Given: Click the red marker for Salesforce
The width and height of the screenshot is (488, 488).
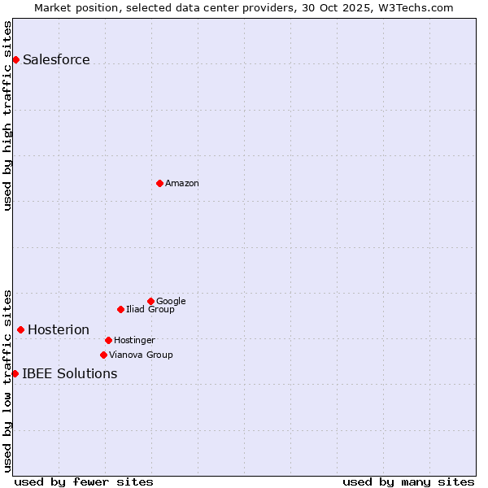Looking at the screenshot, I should [x=15, y=59].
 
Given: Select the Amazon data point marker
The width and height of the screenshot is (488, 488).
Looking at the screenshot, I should [x=159, y=183].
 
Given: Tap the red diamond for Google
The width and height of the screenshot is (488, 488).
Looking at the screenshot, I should [x=150, y=301].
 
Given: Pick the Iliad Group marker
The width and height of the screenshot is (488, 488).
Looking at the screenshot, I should [x=120, y=309].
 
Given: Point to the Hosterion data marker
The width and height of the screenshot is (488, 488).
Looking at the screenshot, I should [x=20, y=329].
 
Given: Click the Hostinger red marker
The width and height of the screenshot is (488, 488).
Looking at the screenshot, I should [x=108, y=340].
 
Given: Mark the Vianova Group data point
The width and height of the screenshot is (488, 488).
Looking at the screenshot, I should [x=103, y=355].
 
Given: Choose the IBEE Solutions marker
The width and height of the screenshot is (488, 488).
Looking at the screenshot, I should [x=15, y=373].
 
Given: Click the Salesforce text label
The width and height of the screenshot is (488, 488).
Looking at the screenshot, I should [x=56, y=60].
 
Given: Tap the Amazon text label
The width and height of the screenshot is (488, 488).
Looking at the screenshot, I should [x=182, y=184].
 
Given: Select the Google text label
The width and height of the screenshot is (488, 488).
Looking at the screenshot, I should [x=171, y=302].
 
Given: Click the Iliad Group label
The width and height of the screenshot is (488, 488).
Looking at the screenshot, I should [x=150, y=310].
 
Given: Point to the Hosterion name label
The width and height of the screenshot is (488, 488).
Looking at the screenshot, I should [x=59, y=330].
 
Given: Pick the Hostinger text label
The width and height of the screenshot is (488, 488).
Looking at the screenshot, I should [x=134, y=341].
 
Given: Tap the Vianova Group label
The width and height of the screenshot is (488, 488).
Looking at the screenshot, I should [x=141, y=355].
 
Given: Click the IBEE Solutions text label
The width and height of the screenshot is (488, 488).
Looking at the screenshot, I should [x=70, y=374].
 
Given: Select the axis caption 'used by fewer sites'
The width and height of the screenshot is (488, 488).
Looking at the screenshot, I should [x=84, y=481].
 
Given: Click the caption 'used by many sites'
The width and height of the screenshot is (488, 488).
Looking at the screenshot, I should [x=408, y=481].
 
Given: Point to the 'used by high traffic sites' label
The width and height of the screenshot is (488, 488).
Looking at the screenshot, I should [x=8, y=115].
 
